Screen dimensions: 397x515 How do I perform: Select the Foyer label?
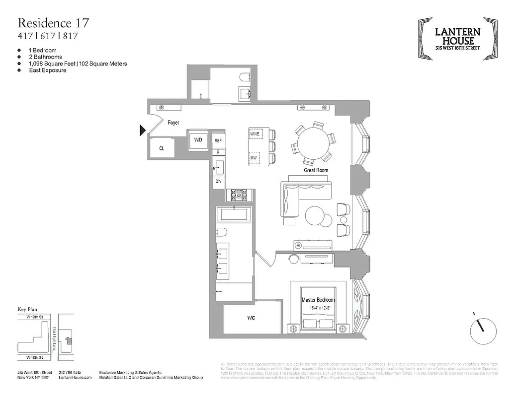[173, 123]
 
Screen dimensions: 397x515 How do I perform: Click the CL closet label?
[162, 148]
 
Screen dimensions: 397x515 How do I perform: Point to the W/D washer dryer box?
[198, 140]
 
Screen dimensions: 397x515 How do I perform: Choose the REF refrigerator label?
[218, 141]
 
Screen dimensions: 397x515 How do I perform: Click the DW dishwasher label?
[218, 182]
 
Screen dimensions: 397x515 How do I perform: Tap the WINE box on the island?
[255, 134]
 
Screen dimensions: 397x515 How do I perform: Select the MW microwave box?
[254, 158]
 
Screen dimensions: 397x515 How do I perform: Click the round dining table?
[312, 142]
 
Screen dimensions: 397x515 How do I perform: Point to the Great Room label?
[316, 170]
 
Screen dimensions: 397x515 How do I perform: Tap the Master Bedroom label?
[318, 300]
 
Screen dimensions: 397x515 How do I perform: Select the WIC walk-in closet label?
[252, 318]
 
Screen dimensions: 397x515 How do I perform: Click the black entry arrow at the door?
[143, 131]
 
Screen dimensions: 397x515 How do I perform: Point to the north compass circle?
[483, 331]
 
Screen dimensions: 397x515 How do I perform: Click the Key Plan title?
[28, 309]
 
